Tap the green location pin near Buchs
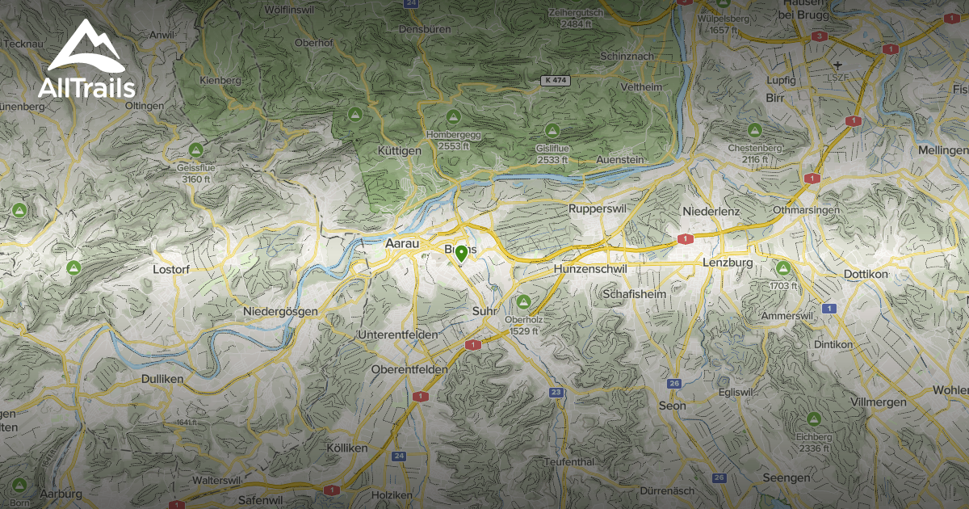[x=461, y=254]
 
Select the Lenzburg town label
[x=728, y=263]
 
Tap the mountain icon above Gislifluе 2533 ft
[x=552, y=129]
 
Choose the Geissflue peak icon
[x=195, y=150]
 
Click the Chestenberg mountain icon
[x=755, y=129]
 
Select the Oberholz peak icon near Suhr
[x=523, y=301]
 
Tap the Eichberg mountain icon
[x=814, y=419]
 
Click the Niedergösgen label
[x=280, y=312]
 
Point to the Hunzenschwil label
[x=589, y=268]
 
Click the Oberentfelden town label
[x=409, y=369]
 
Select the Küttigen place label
[x=400, y=151]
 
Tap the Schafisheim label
[x=635, y=294]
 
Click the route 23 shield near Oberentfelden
[x=556, y=393]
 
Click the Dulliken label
[x=161, y=378]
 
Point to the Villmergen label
[x=884, y=402]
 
